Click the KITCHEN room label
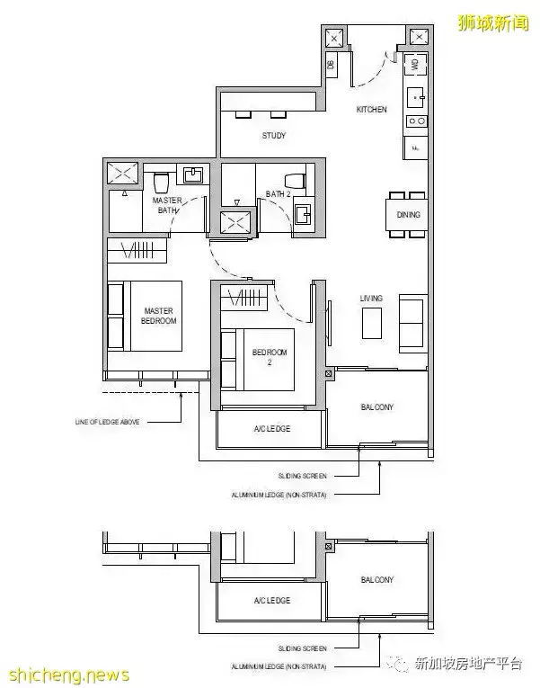[x=371, y=110]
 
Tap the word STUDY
[x=274, y=136]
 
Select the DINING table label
[x=409, y=215]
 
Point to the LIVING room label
[x=371, y=298]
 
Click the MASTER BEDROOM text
[x=159, y=316]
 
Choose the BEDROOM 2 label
[x=270, y=357]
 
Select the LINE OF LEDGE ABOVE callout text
[x=107, y=421]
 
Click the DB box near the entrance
[x=331, y=64]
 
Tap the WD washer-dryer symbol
[x=416, y=64]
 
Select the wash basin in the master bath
[x=193, y=174]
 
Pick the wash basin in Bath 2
[x=303, y=213]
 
